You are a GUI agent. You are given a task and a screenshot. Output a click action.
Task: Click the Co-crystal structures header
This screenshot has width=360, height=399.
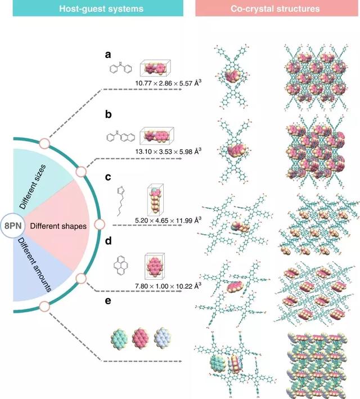pos(276,10)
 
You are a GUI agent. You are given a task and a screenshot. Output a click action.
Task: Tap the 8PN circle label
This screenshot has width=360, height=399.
pos(13,225)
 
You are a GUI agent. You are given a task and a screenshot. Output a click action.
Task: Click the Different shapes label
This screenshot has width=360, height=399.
pos(58,226)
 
